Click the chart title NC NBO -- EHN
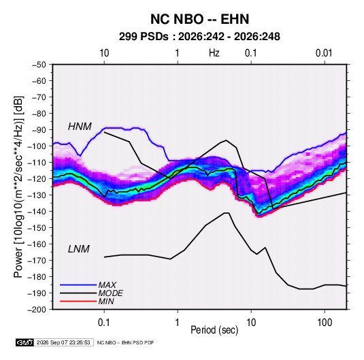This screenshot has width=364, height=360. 199,19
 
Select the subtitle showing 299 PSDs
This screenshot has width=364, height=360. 199,37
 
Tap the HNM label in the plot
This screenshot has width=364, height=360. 80,127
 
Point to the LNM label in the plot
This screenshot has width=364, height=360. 79,249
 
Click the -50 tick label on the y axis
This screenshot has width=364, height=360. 39,65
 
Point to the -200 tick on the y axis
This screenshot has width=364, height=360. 37,310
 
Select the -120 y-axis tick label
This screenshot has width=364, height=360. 37,179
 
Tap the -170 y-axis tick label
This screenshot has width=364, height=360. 37,261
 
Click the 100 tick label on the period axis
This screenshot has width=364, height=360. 325,323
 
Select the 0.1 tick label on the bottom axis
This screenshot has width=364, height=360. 104,323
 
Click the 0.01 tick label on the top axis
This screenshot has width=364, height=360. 324,53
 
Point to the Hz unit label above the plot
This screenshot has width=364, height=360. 214,53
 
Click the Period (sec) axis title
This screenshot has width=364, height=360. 214,330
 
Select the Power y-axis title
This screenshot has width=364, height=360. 18,186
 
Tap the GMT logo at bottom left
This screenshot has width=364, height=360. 24,342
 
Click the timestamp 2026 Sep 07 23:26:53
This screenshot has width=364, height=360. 63,342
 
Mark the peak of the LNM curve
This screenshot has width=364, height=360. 227,213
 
